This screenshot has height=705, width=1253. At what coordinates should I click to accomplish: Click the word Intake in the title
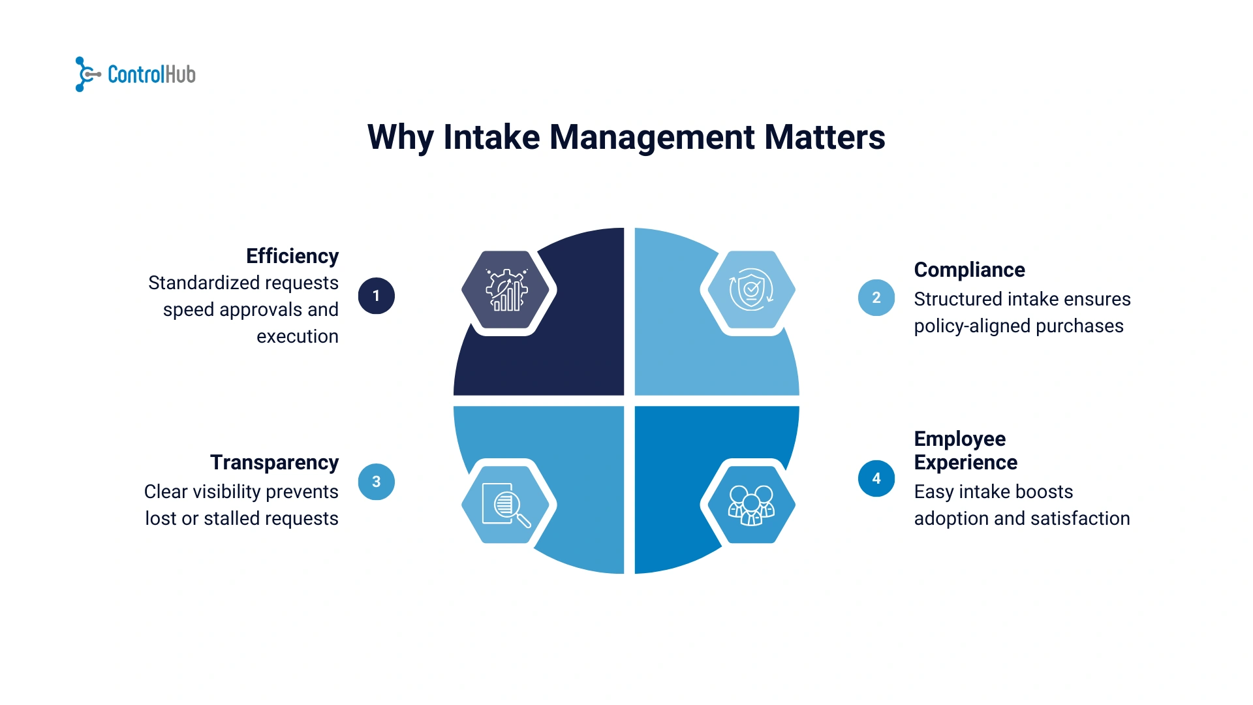tap(491, 138)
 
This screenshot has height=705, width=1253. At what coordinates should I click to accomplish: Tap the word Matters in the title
tap(824, 138)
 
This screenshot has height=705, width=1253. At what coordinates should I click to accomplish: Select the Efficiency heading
tap(292, 256)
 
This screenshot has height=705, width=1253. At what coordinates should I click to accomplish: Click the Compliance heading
tap(969, 270)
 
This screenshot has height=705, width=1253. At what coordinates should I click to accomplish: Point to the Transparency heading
tap(274, 462)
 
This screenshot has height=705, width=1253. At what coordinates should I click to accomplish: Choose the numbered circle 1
tap(377, 296)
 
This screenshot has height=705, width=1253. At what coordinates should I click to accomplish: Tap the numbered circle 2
tap(876, 298)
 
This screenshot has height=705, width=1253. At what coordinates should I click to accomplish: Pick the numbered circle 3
tap(377, 482)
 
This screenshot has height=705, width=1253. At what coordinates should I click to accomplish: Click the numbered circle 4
tap(876, 478)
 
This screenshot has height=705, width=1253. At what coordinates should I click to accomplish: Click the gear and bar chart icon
tap(507, 290)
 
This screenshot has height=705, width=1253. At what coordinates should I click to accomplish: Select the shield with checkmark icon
tap(750, 289)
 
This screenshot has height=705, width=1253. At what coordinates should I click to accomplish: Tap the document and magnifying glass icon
tap(506, 505)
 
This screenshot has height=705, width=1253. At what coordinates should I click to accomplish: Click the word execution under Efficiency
tap(297, 336)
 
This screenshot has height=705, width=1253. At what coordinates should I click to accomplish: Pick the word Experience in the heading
tap(965, 462)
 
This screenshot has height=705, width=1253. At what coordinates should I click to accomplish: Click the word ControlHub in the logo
tap(151, 74)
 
